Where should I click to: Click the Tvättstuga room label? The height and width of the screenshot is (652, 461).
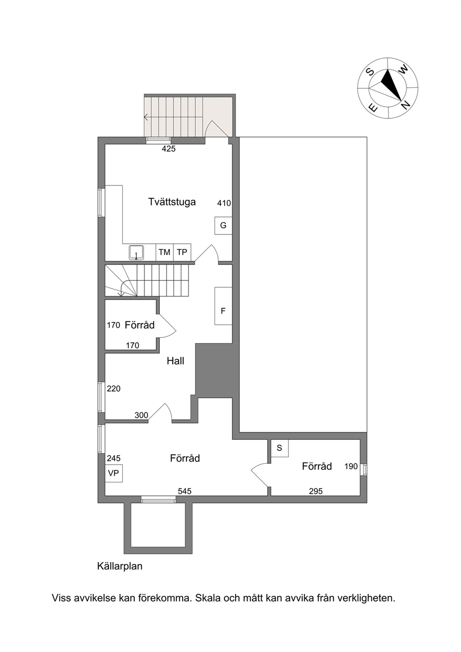171,202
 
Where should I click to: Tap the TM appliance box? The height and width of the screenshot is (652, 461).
165,252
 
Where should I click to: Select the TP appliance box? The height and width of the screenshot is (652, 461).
182,252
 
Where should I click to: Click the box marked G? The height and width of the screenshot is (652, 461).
223,225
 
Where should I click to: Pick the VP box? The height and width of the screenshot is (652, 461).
113,474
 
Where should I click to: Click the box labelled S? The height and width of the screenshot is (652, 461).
279,448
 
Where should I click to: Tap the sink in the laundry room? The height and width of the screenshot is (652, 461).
136,252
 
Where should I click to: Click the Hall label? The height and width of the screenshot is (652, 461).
176,361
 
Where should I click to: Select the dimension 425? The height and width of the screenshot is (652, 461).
169,149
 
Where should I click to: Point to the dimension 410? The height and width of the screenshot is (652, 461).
224,203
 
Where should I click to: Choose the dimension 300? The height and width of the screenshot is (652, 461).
141,415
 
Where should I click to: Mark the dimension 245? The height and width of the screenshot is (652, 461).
113,458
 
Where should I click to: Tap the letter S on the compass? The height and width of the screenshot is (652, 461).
370,71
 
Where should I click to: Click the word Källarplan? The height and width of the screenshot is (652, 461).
120,566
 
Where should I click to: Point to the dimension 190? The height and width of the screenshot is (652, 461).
351,466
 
